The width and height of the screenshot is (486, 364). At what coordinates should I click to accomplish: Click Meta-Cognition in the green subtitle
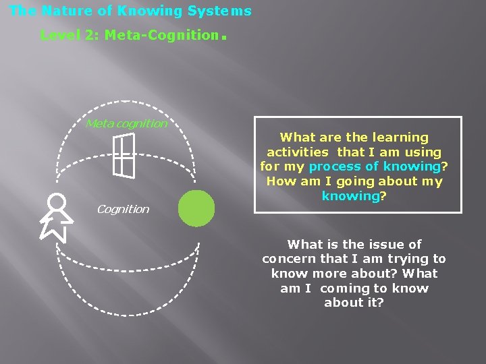click(x=162, y=35)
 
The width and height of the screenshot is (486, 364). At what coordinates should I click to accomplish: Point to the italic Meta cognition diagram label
click(x=126, y=123)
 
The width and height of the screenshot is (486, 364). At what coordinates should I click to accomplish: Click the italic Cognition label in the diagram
click(x=123, y=209)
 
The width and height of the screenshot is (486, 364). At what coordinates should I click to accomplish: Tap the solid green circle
click(x=196, y=208)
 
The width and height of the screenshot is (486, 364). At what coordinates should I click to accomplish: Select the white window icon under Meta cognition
click(x=124, y=155)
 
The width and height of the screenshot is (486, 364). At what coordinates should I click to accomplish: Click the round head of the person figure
click(x=57, y=202)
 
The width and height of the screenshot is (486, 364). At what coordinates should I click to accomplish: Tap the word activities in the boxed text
click(x=299, y=152)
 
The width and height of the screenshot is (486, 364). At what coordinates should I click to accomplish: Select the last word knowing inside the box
click(x=350, y=196)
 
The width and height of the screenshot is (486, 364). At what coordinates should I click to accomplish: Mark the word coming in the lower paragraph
click(x=346, y=289)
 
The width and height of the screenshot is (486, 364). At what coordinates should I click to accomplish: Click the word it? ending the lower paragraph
click(x=373, y=303)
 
